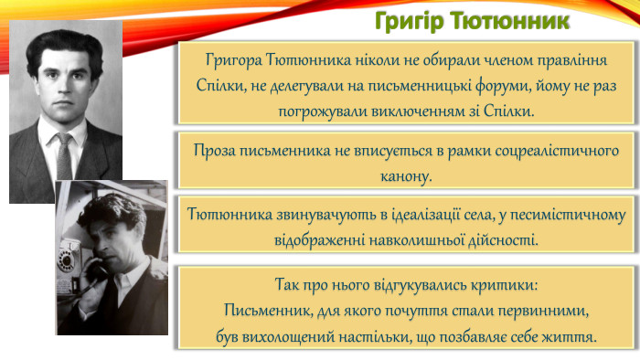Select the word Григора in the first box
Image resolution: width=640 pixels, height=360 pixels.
234,59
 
